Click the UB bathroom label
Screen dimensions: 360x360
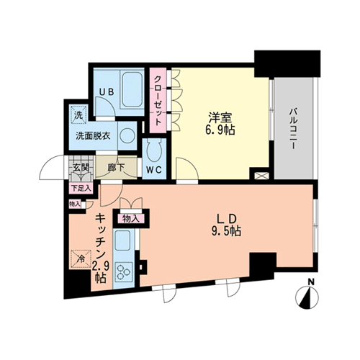click(107, 92)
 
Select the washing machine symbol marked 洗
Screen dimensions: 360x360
click(78, 114)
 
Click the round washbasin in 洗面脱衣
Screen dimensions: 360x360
click(127, 136)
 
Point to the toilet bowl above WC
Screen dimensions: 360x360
click(154, 150)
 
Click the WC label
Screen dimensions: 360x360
click(154, 170)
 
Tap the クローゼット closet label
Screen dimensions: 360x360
click(158, 101)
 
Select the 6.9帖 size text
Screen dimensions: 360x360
click(220, 130)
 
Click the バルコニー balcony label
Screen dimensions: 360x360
click(292, 129)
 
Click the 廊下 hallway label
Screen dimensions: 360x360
click(116, 168)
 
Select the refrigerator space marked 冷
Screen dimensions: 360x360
click(81, 259)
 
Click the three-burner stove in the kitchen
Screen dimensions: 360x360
click(124, 271)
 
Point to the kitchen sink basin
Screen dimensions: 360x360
click(122, 241)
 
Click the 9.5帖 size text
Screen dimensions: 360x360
click(226, 232)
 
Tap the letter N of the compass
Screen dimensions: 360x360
click(311, 282)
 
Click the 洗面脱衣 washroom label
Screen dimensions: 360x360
click(93, 136)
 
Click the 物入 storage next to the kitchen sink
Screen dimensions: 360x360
click(131, 219)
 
